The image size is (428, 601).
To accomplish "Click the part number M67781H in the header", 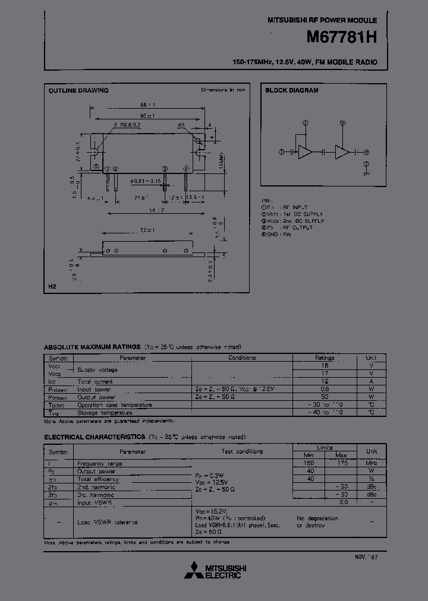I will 341,37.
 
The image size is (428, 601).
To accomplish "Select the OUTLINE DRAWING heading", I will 78,91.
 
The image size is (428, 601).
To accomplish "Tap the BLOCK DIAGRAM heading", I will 291,91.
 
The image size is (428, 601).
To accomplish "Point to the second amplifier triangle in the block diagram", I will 342,151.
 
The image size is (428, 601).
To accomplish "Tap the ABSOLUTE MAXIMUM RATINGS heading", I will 92,347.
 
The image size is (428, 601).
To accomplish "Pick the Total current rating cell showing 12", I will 325,381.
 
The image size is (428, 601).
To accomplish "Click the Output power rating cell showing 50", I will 325,397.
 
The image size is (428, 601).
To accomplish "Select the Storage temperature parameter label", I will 105,412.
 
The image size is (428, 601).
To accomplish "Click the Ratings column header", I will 325,358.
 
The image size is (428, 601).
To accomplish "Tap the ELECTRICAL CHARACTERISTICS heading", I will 95,436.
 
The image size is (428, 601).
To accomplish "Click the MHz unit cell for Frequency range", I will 371,463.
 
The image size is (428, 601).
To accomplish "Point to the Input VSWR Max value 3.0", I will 342,502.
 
